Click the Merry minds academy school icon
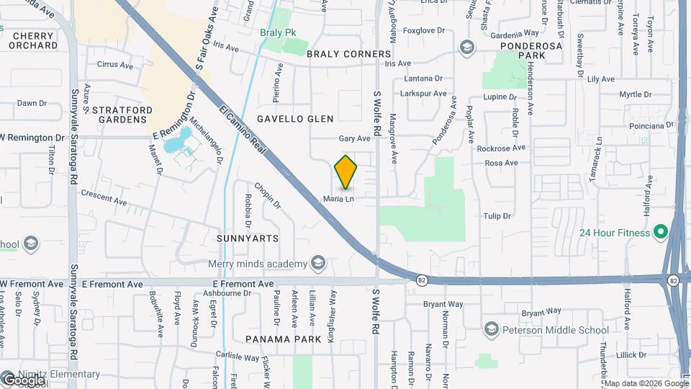[x=317, y=264]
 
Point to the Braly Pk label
[x=278, y=32]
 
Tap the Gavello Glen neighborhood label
[x=295, y=119]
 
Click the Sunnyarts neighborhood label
[x=247, y=238]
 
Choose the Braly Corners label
[x=349, y=54]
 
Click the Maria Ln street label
[x=338, y=200]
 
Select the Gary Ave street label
[x=354, y=138]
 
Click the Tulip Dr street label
[x=497, y=216]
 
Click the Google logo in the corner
[x=23, y=379]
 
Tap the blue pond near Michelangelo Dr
[x=178, y=140]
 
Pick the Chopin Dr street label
[x=266, y=194]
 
